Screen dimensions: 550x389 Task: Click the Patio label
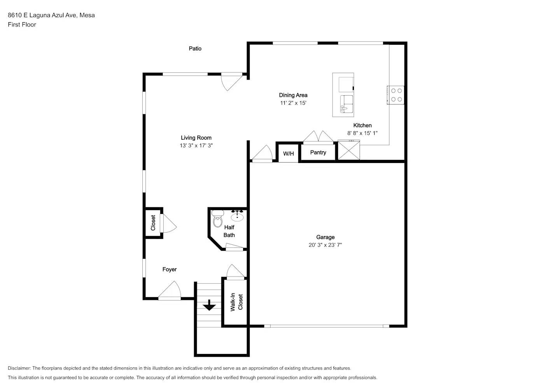(x=195, y=49)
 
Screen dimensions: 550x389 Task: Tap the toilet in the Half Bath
(x=217, y=219)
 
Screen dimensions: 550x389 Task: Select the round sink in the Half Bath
(x=237, y=216)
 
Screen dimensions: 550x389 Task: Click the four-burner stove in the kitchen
(x=396, y=95)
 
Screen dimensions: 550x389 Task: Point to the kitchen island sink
(x=347, y=104)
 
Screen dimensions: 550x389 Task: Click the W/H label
(x=288, y=154)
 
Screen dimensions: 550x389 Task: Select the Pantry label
(x=318, y=152)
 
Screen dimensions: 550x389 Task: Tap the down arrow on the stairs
(x=209, y=305)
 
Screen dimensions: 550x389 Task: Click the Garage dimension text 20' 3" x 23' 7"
(x=325, y=245)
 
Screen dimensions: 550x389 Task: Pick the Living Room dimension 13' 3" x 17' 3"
(x=196, y=145)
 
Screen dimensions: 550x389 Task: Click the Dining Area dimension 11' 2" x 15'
(x=293, y=103)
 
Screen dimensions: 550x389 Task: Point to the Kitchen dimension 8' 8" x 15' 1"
(x=362, y=133)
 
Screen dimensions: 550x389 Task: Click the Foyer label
(x=170, y=270)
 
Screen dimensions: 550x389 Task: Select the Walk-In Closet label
(x=236, y=302)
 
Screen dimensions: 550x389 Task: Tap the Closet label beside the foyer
(x=153, y=223)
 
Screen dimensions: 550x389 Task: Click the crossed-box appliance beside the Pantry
(x=349, y=150)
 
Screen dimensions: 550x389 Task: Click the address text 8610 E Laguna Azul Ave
(x=43, y=15)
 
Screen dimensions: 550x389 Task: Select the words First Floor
(x=22, y=25)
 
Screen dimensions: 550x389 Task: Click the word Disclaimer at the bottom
(x=19, y=368)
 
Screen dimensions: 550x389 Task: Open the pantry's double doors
(x=318, y=137)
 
